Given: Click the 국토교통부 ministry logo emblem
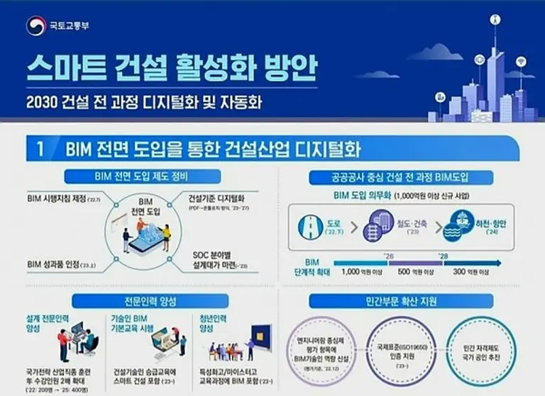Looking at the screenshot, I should point(35,26).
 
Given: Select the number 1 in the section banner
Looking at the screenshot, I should point(41,149).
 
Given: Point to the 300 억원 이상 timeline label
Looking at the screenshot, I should point(470,271).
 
